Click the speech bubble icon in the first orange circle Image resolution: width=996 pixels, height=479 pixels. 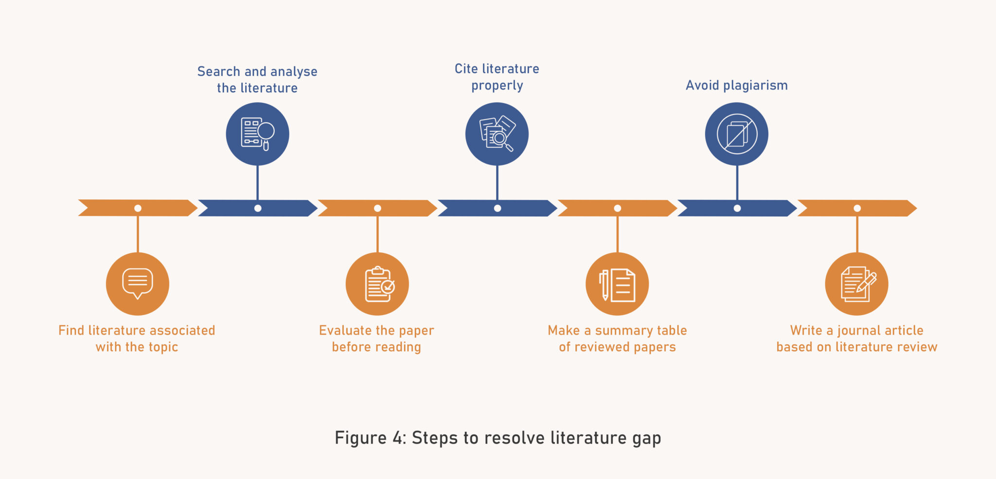coord(138,284)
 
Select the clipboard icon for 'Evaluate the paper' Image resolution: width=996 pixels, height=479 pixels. coord(378,284)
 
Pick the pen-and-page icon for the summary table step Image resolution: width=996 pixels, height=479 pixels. coord(617,284)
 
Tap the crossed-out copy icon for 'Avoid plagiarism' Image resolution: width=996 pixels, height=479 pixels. coord(737,134)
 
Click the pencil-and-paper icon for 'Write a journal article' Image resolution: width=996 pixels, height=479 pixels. coord(857,284)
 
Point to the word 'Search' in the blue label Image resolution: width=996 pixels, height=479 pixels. coord(218,71)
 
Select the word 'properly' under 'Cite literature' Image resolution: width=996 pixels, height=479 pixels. coord(497,86)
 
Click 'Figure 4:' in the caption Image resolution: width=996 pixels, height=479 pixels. coord(370,438)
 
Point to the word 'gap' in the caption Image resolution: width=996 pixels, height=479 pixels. coord(646,439)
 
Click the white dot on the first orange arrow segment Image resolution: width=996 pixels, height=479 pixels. coord(138,208)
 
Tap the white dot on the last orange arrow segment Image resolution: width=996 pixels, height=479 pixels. coord(857,208)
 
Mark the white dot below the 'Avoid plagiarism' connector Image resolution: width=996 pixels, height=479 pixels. coord(737,208)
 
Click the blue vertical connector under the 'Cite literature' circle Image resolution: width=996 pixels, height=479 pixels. coord(497,182)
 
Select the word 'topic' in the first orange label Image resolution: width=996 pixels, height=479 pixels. coord(163,348)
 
